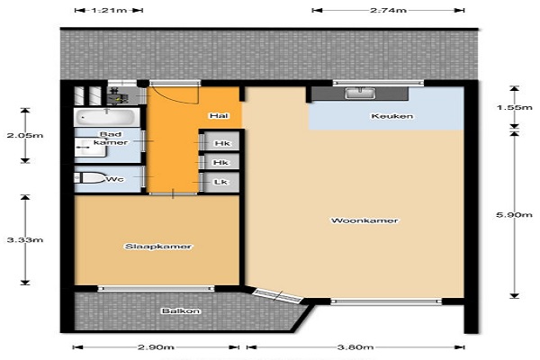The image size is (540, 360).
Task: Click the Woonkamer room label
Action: (x=364, y=220)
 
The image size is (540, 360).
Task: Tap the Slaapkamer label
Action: (x=158, y=247)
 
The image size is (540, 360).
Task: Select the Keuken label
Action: (x=391, y=116)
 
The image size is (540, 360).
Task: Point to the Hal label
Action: (x=220, y=116)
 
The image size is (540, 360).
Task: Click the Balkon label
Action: (x=181, y=311)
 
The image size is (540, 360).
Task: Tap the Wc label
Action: (x=115, y=179)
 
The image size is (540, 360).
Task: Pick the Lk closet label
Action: (x=220, y=182)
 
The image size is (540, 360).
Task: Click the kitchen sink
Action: (x=360, y=93)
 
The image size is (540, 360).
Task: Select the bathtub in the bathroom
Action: (x=107, y=117)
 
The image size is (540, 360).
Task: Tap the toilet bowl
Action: (x=90, y=178)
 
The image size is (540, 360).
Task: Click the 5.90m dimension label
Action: (x=514, y=215)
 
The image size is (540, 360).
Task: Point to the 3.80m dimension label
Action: (x=355, y=347)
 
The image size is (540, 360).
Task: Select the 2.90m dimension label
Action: (x=156, y=347)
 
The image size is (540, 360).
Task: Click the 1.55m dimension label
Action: (x=514, y=107)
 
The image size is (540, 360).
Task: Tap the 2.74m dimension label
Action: (x=389, y=10)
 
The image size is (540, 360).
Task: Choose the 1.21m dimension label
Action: (x=109, y=10)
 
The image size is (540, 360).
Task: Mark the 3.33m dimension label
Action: (x=25, y=239)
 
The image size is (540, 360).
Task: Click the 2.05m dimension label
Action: (x=25, y=135)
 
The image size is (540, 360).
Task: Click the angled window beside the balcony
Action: (x=277, y=296)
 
